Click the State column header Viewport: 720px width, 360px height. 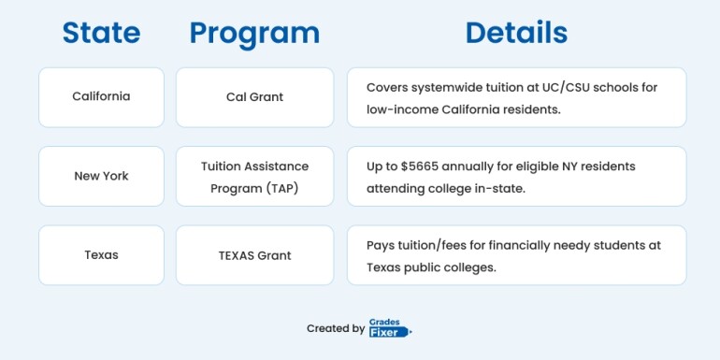click(101, 33)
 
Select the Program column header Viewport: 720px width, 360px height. click(254, 33)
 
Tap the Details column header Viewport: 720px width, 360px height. click(516, 33)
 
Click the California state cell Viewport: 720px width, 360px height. click(101, 96)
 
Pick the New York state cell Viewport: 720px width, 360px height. click(101, 176)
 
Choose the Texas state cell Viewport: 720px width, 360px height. click(101, 254)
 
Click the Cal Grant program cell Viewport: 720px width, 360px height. click(254, 96)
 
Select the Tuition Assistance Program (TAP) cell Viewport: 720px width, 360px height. click(254, 176)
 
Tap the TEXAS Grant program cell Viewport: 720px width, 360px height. click(254, 254)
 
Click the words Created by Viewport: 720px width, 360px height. click(336, 328)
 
